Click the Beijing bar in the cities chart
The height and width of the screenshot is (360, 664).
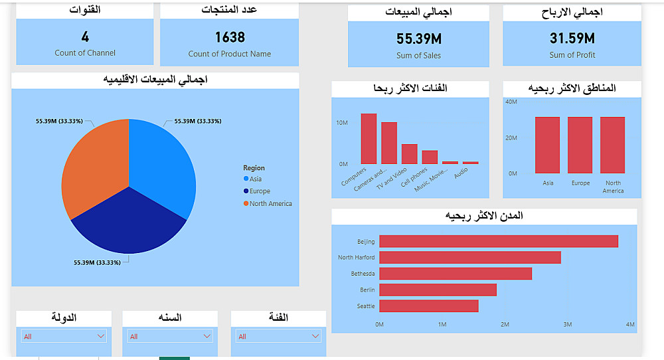click(498, 241)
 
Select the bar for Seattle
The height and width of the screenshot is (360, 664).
click(428, 306)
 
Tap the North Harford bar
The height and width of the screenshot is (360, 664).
click(469, 257)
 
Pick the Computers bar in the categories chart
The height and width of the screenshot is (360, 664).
click(369, 139)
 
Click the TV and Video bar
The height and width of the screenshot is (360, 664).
click(410, 154)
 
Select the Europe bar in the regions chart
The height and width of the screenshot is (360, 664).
click(580, 145)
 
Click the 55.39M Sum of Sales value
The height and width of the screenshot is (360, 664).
click(418, 39)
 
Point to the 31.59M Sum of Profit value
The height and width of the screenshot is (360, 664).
click(572, 39)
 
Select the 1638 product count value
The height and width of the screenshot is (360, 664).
click(230, 37)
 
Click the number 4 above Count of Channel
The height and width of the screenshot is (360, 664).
click(85, 37)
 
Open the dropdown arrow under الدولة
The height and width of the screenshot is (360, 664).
click(100, 337)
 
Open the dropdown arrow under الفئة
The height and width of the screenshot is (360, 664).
click(316, 337)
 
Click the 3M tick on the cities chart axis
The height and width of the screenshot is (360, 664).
click(567, 324)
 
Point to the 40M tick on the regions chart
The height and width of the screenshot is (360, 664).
click(511, 102)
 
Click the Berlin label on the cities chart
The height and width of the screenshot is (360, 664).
click(367, 290)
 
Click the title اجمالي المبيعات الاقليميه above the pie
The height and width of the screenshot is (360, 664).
click(155, 80)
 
